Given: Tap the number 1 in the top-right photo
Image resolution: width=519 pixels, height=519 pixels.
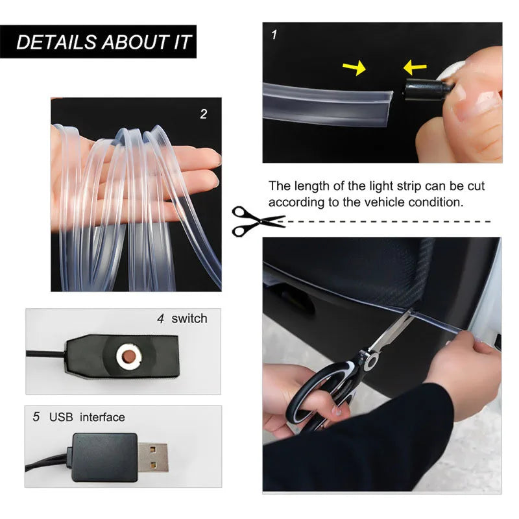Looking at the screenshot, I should [x=274, y=34].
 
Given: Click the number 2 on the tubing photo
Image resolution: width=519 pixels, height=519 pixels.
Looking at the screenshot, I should [x=204, y=114].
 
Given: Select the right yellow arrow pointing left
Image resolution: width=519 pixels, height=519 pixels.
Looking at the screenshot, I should [x=415, y=67].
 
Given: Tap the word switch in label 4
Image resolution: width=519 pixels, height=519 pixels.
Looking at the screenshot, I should [x=189, y=319].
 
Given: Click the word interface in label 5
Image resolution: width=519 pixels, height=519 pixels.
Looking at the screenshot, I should [x=103, y=417].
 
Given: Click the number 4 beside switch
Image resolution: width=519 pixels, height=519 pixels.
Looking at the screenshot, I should [x=160, y=319].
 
